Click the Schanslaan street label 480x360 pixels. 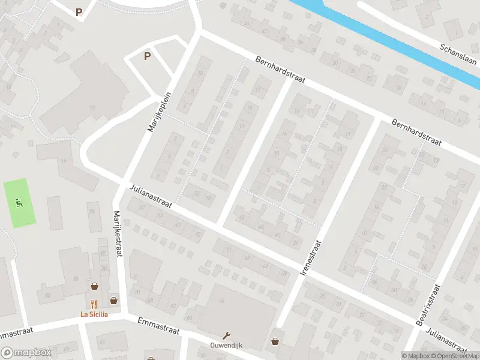[458, 57]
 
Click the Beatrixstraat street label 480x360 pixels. [428, 305]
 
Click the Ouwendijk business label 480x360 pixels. [226, 346]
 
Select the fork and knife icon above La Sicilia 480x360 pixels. [94, 304]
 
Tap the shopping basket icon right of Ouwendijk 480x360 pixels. [275, 341]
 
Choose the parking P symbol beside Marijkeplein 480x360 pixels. [146, 56]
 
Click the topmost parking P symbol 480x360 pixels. [79, 11]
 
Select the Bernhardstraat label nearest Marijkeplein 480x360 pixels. [281, 71]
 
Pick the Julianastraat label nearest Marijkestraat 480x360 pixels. [151, 197]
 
